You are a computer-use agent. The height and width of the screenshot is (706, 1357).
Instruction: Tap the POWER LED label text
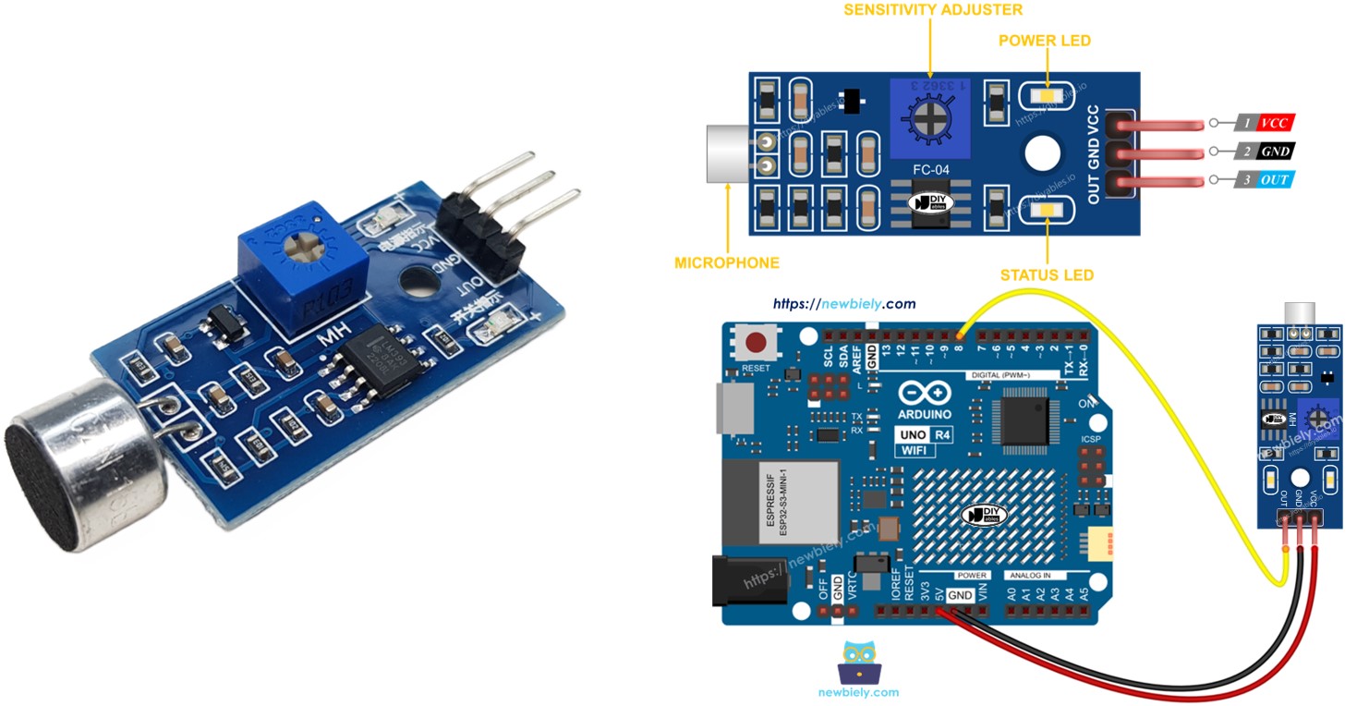point(1045,41)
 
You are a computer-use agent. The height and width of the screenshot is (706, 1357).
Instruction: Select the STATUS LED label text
point(1047,275)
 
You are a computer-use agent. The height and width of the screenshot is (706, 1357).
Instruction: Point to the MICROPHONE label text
point(727,263)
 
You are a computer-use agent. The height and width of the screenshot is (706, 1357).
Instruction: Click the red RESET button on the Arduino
point(757,344)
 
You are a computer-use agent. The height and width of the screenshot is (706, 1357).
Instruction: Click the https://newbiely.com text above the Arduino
point(843,303)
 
